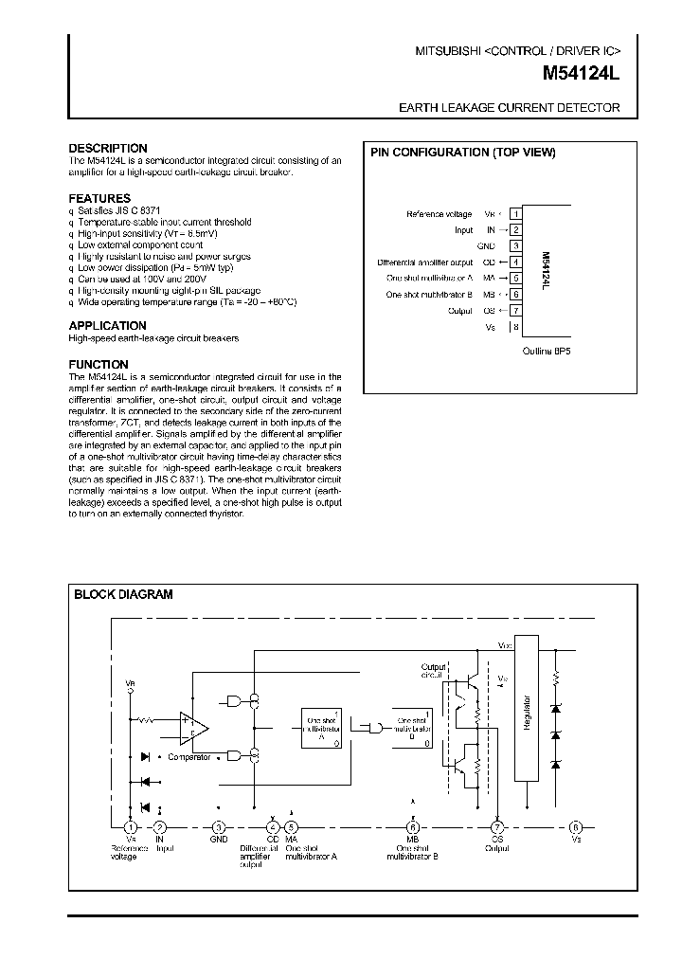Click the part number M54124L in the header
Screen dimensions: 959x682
[x=582, y=72]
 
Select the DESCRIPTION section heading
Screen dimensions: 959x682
[x=108, y=149]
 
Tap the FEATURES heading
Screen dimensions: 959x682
[x=99, y=199]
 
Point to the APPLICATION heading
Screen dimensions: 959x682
[x=108, y=326]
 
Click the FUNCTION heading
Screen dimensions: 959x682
[x=99, y=365]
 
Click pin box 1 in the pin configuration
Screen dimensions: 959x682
[x=515, y=214]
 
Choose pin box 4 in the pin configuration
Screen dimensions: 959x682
[x=515, y=262]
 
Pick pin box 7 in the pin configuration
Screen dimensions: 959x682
[x=515, y=310]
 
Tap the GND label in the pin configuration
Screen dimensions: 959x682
[x=486, y=245]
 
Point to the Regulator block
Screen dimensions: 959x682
[x=526, y=708]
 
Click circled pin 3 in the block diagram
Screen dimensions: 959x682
[x=219, y=827]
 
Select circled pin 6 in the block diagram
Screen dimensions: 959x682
[x=413, y=827]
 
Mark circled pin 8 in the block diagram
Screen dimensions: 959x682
[x=575, y=827]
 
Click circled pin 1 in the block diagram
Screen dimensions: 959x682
[x=131, y=827]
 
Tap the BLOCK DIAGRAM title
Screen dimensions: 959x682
[x=124, y=595]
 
